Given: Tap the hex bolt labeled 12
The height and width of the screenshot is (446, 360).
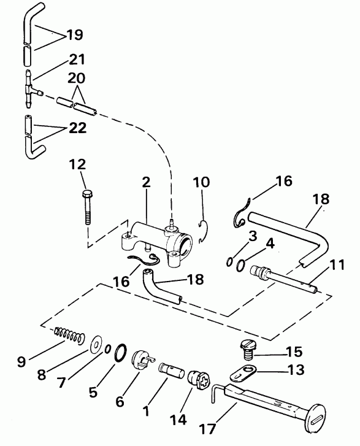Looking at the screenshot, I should click(87, 205).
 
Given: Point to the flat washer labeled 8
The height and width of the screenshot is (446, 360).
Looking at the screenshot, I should click(96, 342).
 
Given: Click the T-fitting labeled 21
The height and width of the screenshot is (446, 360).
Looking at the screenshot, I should click(29, 90).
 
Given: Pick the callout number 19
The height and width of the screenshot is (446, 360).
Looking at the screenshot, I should click(75, 35).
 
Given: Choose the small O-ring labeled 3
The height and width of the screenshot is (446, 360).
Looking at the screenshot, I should click(228, 263).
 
